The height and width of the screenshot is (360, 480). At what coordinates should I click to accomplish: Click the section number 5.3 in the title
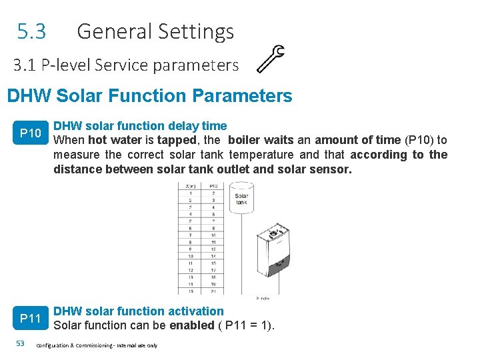coord(31,31)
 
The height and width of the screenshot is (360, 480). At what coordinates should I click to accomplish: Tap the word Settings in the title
coord(201,32)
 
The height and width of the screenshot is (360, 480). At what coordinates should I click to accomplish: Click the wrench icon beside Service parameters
coord(271,58)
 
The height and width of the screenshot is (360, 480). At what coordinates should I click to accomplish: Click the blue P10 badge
coord(31,134)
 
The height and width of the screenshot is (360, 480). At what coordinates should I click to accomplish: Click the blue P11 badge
coord(31,319)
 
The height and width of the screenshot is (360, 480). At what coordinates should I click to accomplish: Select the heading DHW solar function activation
coord(139,311)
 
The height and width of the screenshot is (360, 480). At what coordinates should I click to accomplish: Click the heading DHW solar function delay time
coord(140,126)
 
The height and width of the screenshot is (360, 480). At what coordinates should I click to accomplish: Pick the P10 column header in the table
coord(213,187)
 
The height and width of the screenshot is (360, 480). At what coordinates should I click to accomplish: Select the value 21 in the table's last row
coord(213,291)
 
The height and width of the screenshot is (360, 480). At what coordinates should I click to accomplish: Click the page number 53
coord(20,343)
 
